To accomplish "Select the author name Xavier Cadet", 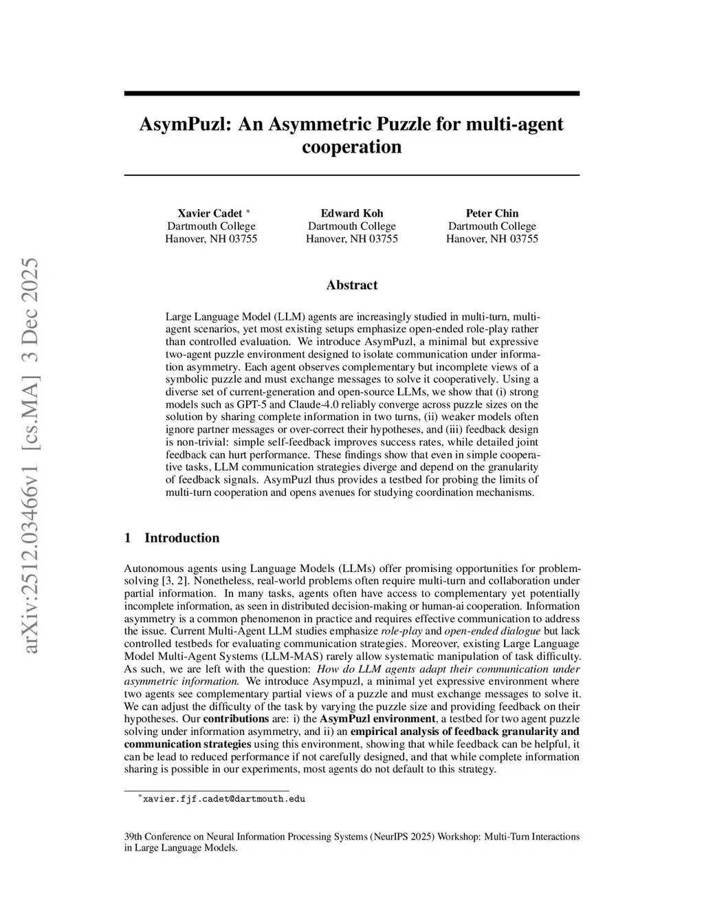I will point(210,213).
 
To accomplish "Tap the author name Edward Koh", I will point(352,213).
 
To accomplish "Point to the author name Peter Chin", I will point(492,213).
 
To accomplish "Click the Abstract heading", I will point(352,285).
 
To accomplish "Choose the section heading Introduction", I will point(181,538).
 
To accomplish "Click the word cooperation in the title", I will point(352,147).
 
